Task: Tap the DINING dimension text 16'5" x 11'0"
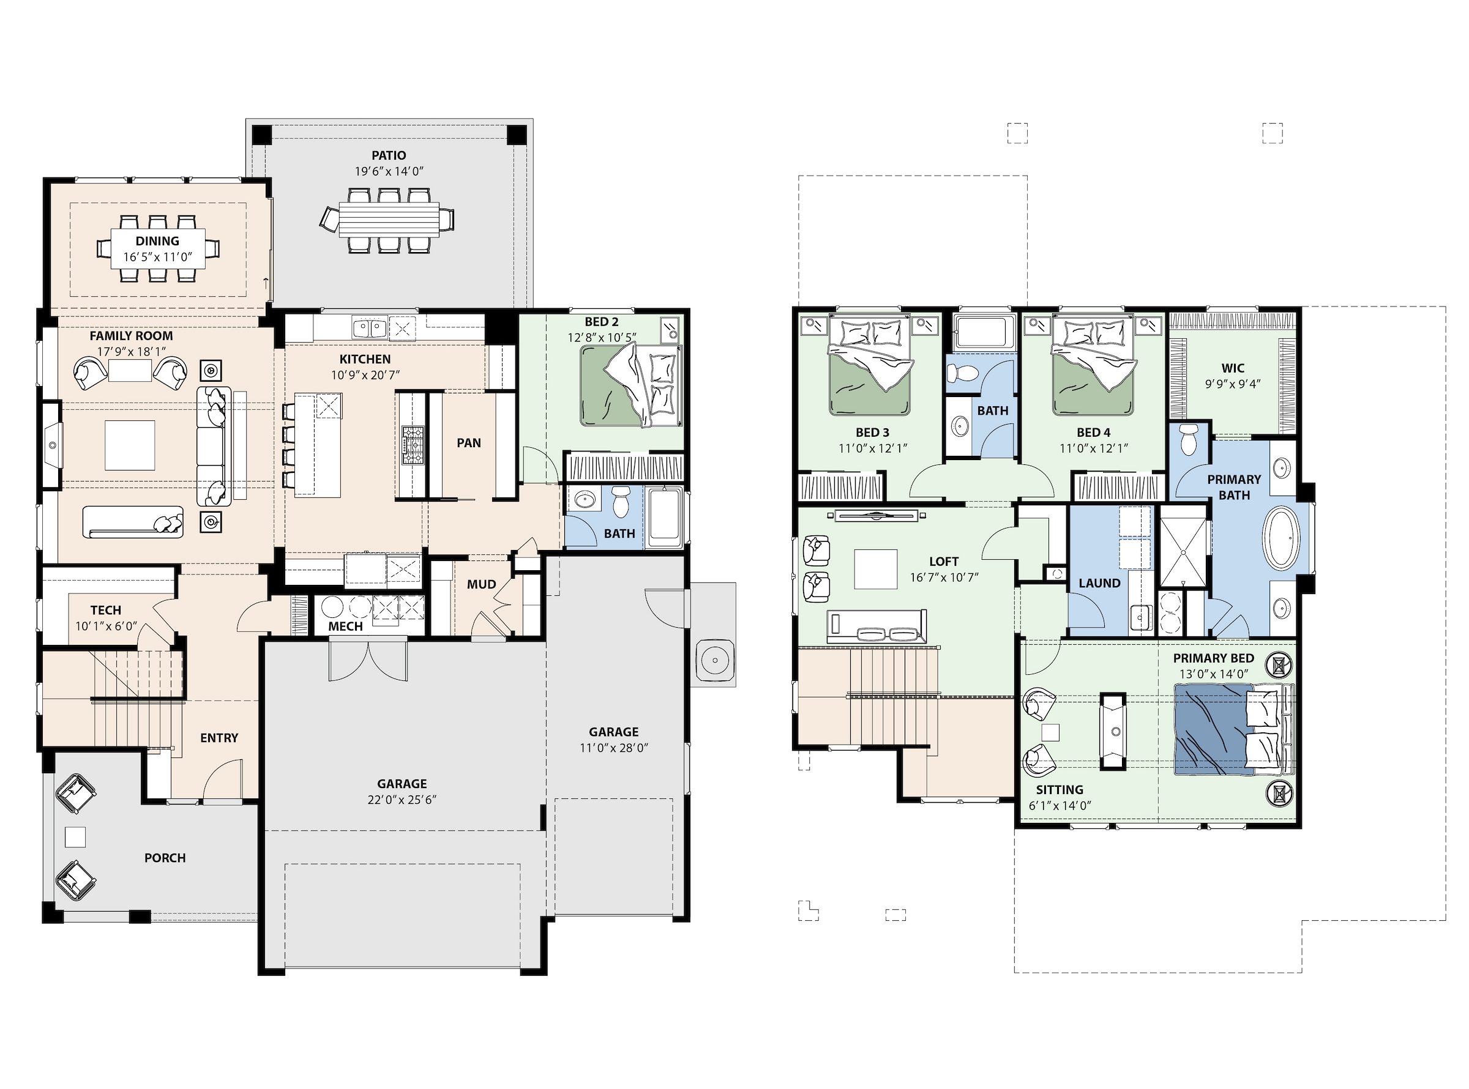157,257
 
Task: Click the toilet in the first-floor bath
621,502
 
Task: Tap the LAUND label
1099,584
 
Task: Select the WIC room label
1233,368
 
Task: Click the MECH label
345,626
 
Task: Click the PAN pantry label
469,443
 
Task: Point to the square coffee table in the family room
130,445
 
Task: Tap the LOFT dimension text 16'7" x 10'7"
944,578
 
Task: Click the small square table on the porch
75,836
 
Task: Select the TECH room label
106,611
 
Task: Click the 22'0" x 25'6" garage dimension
402,800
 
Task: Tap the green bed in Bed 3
870,367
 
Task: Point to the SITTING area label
1059,790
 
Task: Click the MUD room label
481,584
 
